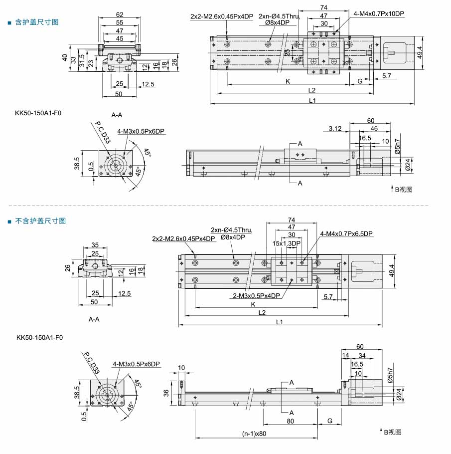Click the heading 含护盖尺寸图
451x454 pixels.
37,22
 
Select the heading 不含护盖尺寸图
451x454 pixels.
40,221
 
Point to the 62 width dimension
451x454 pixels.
120,14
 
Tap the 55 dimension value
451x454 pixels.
120,22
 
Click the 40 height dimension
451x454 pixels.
65,57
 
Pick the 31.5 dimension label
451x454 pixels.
82,60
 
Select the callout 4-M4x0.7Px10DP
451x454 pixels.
379,13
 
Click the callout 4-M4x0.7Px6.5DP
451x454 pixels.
346,233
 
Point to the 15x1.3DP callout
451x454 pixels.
287,243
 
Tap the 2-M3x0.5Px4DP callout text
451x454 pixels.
257,296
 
